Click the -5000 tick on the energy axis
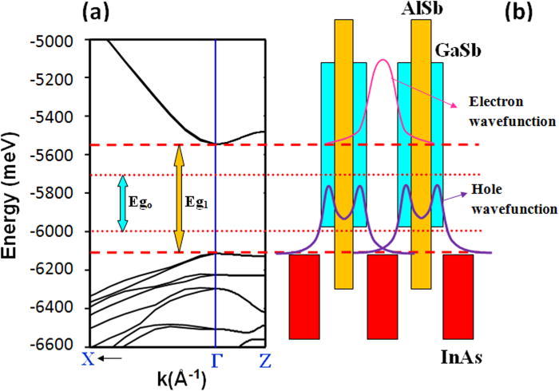coord(59,40)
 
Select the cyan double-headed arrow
coord(122,203)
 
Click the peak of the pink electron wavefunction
coord(383,61)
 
